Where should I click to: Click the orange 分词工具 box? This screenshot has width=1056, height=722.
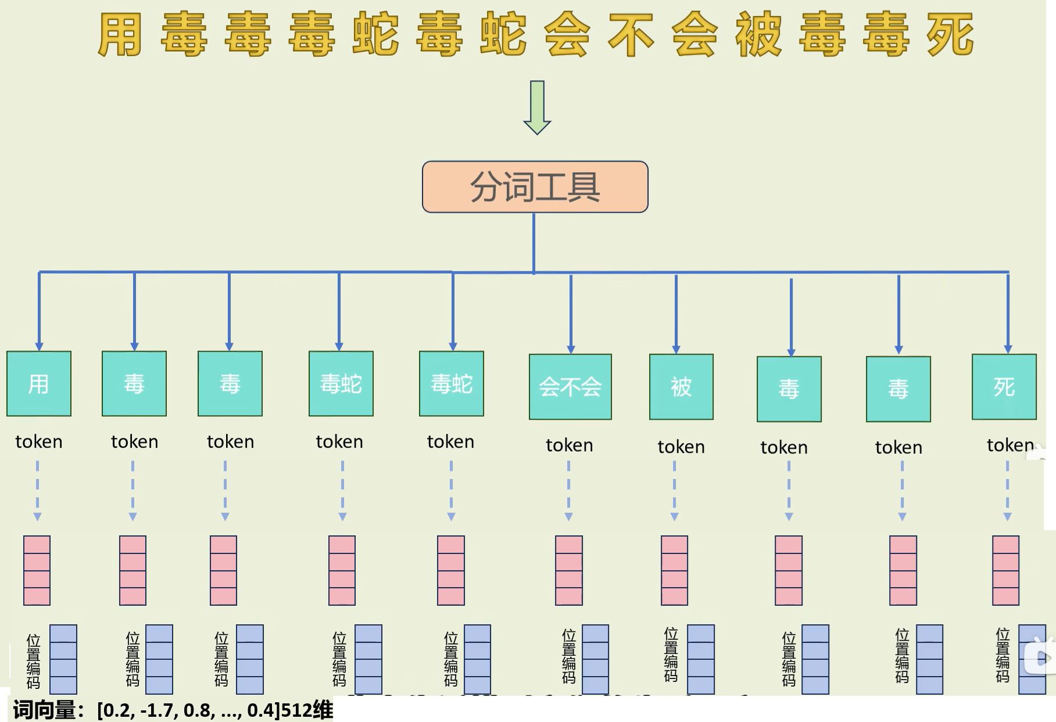click(x=535, y=187)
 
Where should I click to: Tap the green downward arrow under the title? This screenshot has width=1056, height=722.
click(x=537, y=108)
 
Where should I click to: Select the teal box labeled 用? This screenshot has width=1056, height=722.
click(x=39, y=384)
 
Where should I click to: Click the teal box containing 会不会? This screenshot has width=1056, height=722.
click(x=570, y=387)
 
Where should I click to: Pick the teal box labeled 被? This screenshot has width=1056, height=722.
click(x=681, y=387)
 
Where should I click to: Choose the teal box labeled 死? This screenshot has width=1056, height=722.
click(x=1004, y=387)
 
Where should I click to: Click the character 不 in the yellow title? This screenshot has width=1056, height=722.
click(x=631, y=35)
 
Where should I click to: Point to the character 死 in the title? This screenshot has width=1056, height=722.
click(x=950, y=35)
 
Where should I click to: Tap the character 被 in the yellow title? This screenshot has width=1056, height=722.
click(x=758, y=35)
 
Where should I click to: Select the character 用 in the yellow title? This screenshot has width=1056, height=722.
click(x=120, y=35)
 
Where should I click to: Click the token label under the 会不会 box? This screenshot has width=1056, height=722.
click(x=570, y=445)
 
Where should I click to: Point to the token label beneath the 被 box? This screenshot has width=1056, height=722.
click(x=681, y=447)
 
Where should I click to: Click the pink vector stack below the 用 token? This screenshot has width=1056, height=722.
click(x=37, y=570)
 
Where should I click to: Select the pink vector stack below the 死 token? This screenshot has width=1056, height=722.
click(x=1005, y=570)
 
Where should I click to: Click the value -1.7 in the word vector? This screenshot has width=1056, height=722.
click(x=159, y=710)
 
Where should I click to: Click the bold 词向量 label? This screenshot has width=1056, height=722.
click(x=45, y=710)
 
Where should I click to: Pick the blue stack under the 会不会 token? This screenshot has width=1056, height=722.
click(x=595, y=659)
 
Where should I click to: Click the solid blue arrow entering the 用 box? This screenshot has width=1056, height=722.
click(x=39, y=311)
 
